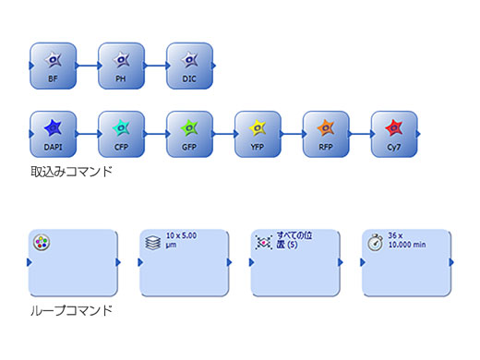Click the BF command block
point(53,65)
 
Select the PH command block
point(121,65)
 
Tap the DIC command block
point(189,65)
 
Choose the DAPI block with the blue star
point(53,134)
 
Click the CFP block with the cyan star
point(121,134)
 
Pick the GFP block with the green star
point(189,134)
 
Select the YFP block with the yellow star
point(258,134)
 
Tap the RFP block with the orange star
point(326,134)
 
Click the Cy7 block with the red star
point(394,134)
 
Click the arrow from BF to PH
point(87,66)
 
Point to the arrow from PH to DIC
point(155,66)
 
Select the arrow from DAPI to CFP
point(87,135)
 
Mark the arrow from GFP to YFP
point(223,135)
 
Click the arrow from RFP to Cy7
point(360,135)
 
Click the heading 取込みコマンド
point(72,172)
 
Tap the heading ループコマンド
point(72,310)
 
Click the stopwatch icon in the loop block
point(375,242)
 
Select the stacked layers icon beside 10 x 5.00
point(153,242)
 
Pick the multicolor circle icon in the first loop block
point(42,243)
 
